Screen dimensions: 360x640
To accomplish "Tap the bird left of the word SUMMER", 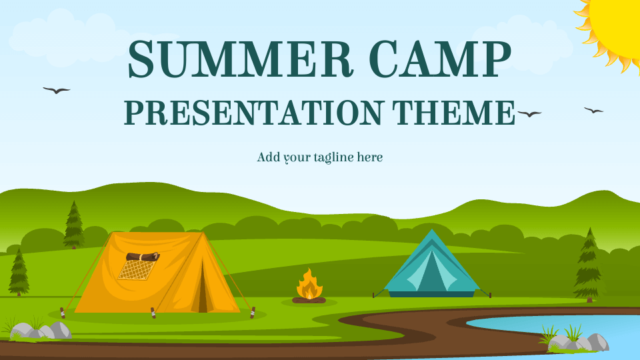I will point(56,90).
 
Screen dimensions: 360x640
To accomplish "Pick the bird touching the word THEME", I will point(529,114).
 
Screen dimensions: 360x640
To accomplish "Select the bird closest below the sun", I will point(593,110).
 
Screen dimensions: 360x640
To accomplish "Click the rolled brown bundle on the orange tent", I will point(142,256).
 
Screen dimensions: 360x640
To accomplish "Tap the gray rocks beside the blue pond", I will point(577,342).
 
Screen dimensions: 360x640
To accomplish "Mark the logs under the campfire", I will point(309,300).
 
